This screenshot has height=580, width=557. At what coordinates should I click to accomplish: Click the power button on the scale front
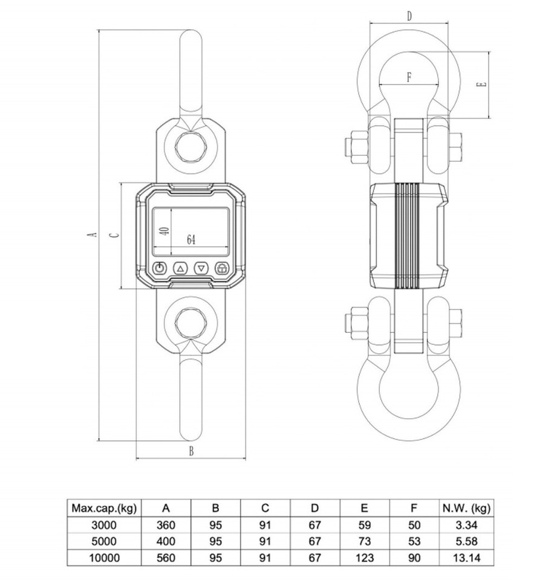pos(160,268)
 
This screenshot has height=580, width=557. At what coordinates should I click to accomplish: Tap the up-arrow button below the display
pos(180,268)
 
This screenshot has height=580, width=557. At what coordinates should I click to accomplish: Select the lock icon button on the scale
pos(222,268)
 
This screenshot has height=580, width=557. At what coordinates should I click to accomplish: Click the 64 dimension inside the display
pos(191,240)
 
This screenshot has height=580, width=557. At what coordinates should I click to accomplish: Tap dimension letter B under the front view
pos(191,451)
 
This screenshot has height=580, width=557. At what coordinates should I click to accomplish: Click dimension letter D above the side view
pos(409,16)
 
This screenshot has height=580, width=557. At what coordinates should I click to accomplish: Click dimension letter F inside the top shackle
pos(409,77)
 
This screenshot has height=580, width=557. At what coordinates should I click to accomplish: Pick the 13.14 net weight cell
pos(465,557)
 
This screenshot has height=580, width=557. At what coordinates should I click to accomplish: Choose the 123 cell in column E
pos(365,557)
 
